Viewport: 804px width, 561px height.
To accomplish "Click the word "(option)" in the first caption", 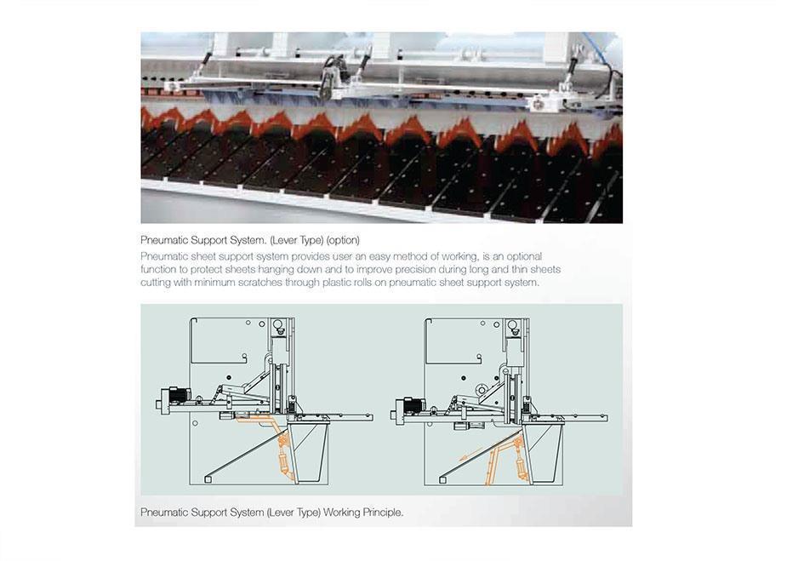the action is point(343,240).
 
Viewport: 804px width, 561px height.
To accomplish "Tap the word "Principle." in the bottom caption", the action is point(383,512).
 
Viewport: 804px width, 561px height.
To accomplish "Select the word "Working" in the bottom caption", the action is point(341,512).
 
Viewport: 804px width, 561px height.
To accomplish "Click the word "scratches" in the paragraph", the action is point(260,283).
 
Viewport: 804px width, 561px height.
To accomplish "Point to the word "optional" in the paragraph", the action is point(524,256).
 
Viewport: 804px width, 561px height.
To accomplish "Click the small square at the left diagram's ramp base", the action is point(208,479).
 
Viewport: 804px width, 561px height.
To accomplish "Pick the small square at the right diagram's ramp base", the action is point(442,479).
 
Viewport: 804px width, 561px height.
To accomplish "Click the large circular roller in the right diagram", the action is point(482,391).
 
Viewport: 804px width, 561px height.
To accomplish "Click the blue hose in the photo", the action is point(597,47).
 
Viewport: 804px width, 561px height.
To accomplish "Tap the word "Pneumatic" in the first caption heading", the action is point(164,240).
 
